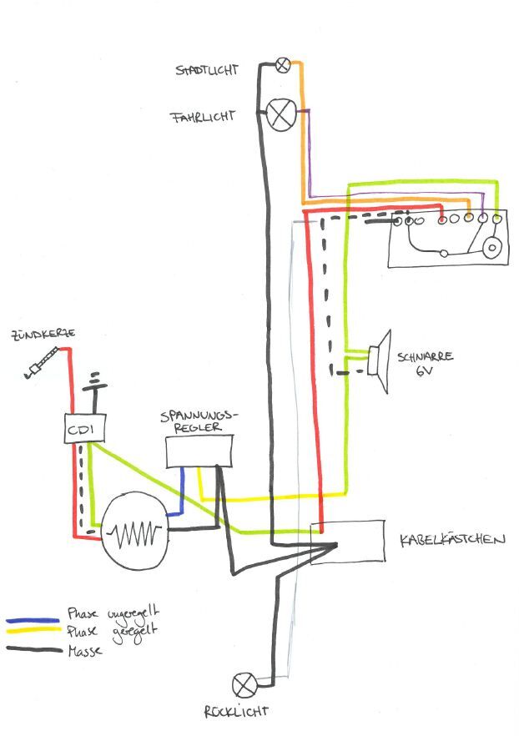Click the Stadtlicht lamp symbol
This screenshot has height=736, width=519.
point(283,64)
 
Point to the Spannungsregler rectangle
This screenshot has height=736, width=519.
point(199,451)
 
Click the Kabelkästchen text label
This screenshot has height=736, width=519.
point(452,539)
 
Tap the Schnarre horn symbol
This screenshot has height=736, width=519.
point(380,360)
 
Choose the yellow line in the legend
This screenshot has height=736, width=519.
point(33,634)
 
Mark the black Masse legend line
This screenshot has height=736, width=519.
point(33,649)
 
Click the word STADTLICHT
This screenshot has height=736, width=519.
point(205,69)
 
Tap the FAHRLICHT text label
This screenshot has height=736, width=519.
point(202,118)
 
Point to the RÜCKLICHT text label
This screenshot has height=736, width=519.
point(236,712)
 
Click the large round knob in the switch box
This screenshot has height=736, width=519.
point(492,248)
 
